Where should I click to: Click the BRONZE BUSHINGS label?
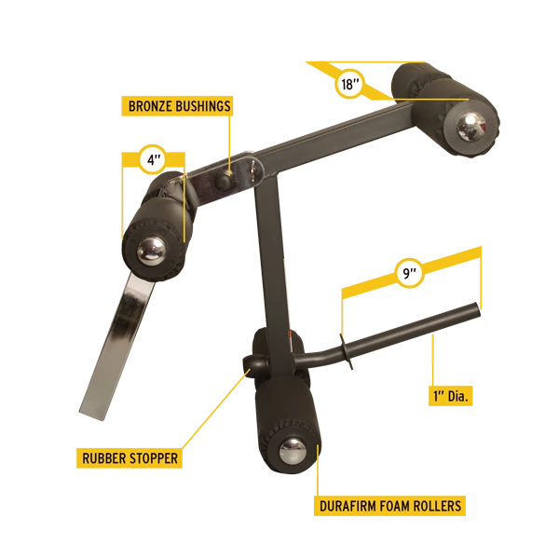point(177,106)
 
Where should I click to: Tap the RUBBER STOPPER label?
point(130,458)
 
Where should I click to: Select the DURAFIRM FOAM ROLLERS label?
point(389,506)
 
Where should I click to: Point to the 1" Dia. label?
point(450,396)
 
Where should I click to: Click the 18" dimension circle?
point(349,85)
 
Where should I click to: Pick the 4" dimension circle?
point(152,159)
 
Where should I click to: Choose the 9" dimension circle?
point(410,273)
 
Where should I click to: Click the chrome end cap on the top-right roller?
point(470,128)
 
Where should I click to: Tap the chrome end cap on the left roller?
point(151,252)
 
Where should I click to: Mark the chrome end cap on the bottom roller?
point(293,451)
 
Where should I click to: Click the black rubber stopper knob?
point(254,364)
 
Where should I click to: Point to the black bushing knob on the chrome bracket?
point(225,180)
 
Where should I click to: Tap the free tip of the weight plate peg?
point(477,308)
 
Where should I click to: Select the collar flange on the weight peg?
point(347,352)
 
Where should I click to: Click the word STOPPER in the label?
point(154,458)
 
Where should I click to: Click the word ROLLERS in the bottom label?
point(438,506)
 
